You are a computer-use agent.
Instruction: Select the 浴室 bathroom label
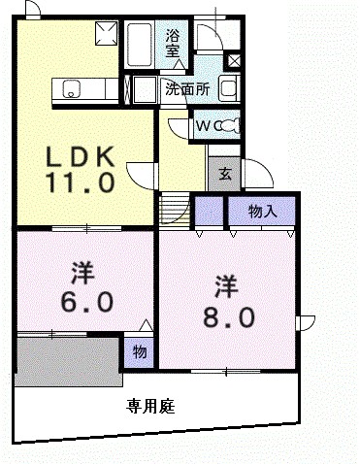[x=174, y=45]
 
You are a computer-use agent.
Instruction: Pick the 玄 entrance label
[x=224, y=174]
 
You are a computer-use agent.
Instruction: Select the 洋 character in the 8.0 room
[x=226, y=286]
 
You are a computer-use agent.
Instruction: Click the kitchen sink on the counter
[x=72, y=90]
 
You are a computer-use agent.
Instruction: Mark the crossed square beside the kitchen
[x=105, y=36]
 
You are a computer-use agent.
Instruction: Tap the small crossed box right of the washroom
[x=234, y=61]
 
